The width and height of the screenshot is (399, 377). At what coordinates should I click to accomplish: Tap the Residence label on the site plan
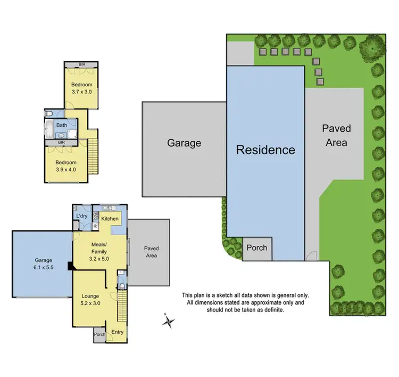[x=265, y=150]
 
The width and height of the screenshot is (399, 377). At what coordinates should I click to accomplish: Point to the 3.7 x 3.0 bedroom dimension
[x=81, y=92]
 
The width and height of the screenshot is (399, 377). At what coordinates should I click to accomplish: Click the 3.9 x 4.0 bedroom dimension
[x=66, y=170]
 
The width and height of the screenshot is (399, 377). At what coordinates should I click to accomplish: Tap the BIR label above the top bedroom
[x=81, y=64]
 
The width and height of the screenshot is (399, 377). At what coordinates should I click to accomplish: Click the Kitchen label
[x=110, y=219]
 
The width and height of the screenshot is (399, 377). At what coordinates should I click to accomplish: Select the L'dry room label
[x=81, y=216]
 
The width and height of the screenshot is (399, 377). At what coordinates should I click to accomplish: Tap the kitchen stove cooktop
[x=96, y=216]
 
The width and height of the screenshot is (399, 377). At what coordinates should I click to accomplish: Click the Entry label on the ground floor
[x=117, y=332]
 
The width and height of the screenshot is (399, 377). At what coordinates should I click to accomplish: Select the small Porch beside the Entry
[x=99, y=334]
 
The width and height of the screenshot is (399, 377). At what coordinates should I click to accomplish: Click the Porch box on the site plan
[x=256, y=248]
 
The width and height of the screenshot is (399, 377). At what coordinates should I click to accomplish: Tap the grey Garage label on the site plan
[x=184, y=143]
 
